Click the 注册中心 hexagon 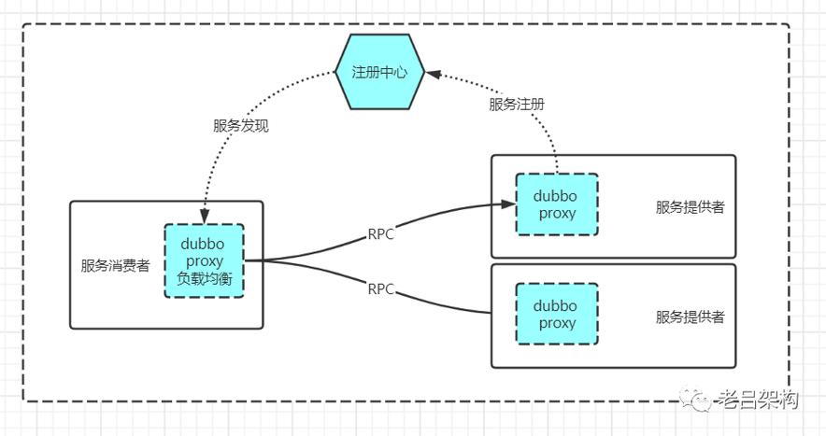coord(379,72)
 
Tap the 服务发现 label coord(240,126)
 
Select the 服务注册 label coord(517,105)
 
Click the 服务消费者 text coord(115,265)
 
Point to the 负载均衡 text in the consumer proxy coord(204,277)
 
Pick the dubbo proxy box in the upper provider coord(557,204)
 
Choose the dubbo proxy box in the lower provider coord(557,315)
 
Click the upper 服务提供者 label coord(690,207)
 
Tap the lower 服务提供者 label coord(690,316)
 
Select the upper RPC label coord(380,234)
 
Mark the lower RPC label coord(380,288)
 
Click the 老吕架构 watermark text coord(757,401)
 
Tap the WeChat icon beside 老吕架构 coord(698,401)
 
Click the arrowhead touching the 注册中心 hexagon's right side coord(432,72)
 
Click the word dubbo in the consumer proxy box coord(204,244)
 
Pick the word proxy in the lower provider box coord(557,323)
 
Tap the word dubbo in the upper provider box coord(557,196)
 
